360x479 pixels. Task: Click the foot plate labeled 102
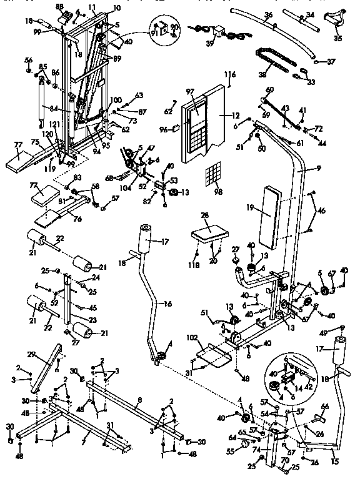(212, 358)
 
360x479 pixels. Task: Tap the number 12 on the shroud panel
(236, 116)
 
